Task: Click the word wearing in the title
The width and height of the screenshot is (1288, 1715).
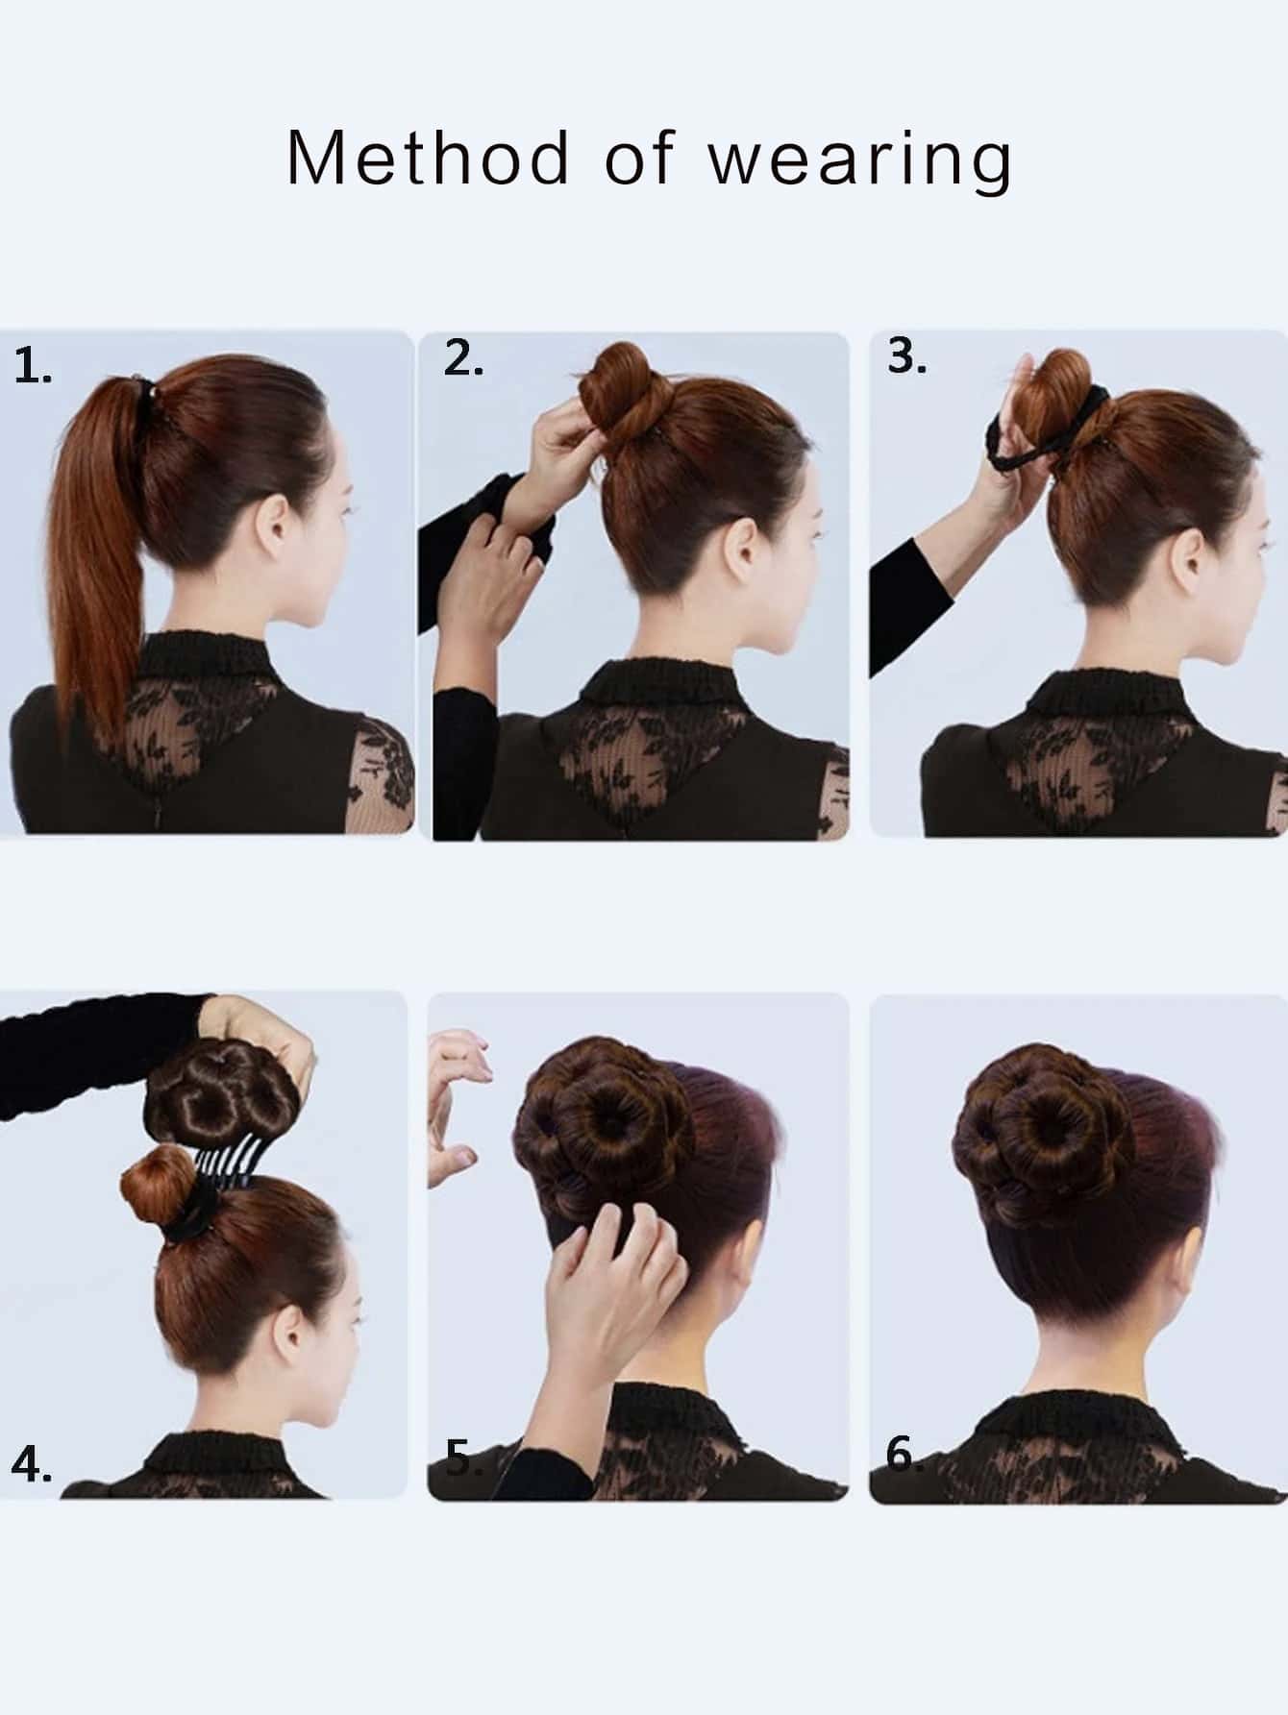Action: tap(860, 161)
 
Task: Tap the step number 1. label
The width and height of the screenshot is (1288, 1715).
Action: tap(33, 368)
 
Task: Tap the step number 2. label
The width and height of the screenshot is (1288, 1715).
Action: tap(463, 359)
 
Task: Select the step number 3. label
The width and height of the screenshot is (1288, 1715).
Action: tap(906, 356)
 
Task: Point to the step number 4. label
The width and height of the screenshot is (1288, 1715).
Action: tap(32, 1466)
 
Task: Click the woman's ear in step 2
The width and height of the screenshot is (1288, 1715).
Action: tap(738, 548)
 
